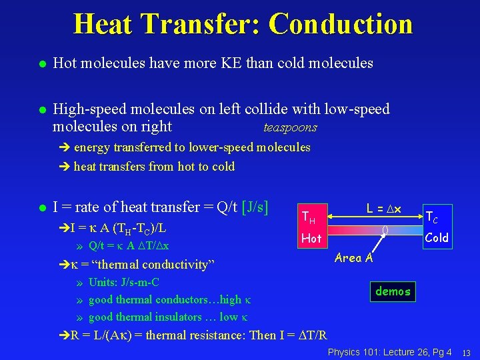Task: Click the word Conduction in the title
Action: click(x=340, y=24)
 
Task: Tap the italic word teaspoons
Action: click(x=290, y=127)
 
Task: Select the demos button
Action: click(x=393, y=291)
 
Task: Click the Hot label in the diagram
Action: click(x=311, y=238)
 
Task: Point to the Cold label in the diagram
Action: click(x=437, y=237)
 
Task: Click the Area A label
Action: click(x=354, y=258)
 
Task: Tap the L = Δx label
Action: click(x=384, y=209)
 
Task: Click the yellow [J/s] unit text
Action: click(x=255, y=207)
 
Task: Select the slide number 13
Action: click(x=467, y=352)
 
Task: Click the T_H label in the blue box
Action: click(x=308, y=217)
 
